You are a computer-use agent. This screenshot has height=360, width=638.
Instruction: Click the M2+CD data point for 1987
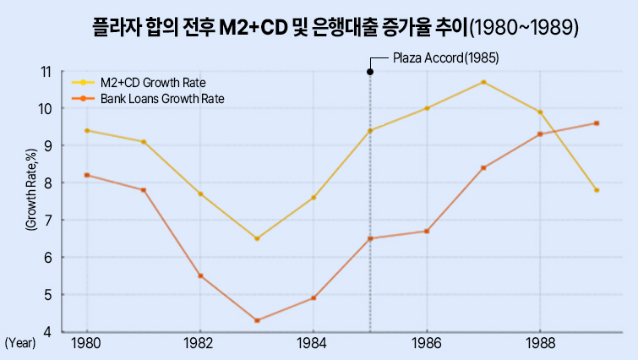tap(483, 82)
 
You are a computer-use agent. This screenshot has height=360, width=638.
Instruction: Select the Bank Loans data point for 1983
tap(257, 320)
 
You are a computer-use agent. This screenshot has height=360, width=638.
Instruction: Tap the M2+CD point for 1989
tap(597, 190)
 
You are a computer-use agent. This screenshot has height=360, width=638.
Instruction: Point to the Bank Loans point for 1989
tap(597, 123)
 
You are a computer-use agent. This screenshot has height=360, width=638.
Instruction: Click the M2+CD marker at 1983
tap(257, 238)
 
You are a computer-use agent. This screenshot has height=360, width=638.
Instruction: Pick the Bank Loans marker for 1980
tap(87, 175)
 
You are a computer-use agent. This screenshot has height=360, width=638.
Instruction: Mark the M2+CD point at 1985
tap(370, 130)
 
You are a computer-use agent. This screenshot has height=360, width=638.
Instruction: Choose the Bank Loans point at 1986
tap(427, 231)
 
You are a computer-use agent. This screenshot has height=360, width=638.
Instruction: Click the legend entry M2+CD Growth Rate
tap(153, 83)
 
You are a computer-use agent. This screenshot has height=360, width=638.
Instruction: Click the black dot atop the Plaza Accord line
tap(370, 72)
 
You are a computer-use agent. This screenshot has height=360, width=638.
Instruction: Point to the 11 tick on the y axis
tap(46, 72)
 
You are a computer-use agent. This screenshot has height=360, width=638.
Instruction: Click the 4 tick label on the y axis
tap(48, 332)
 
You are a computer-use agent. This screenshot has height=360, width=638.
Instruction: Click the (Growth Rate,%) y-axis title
tap(30, 189)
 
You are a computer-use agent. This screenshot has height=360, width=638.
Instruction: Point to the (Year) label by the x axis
tap(19, 344)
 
